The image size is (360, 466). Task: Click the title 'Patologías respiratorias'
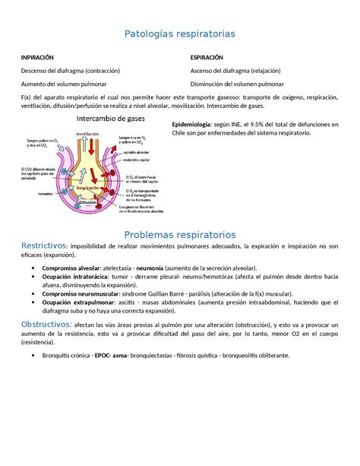pos(180,34)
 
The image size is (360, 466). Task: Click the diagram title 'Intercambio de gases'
pos(111,119)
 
